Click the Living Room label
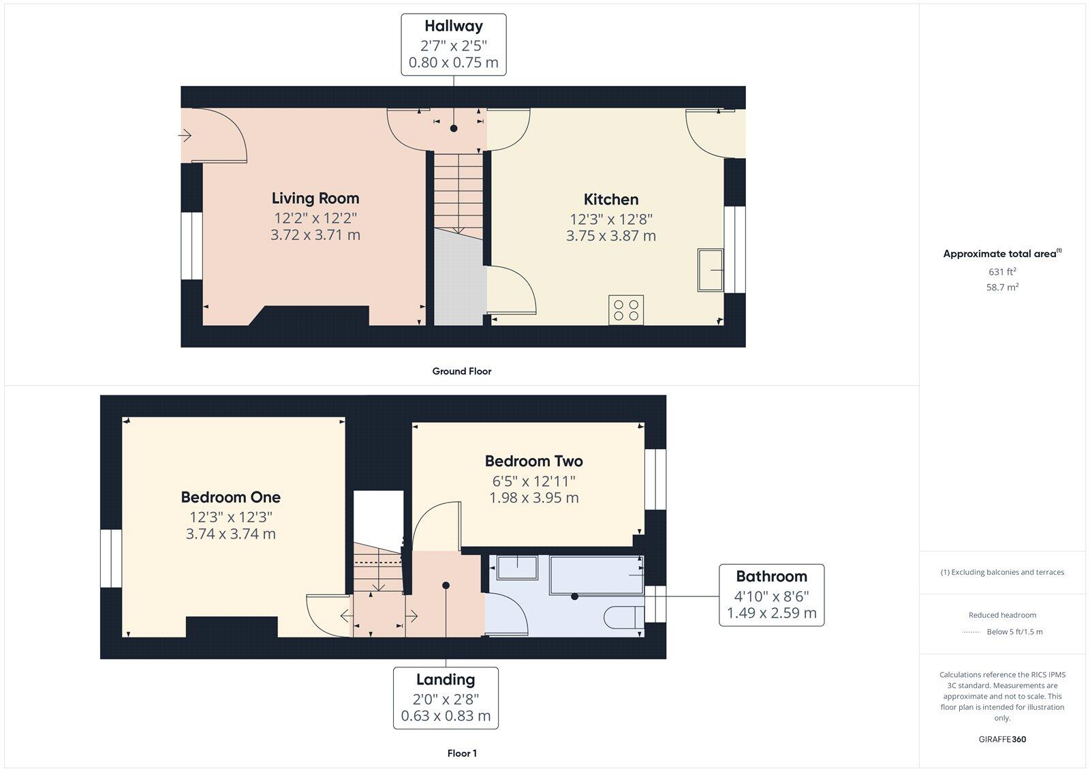[315, 198]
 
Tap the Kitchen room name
[611, 200]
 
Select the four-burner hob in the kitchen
[626, 310]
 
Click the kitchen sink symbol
[711, 270]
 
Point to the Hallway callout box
[453, 44]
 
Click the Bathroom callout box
[771, 594]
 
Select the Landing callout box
[446, 697]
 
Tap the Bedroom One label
[230, 497]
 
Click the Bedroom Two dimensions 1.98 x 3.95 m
[534, 498]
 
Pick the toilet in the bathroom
[621, 616]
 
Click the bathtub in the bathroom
[596, 575]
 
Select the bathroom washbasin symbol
[517, 567]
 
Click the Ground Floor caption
[461, 372]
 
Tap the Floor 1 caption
[461, 753]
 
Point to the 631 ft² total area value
[1002, 271]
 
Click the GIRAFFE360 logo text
[1002, 739]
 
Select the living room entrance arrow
[185, 136]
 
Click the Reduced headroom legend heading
[1002, 615]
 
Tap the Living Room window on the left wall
[191, 246]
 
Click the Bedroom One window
[111, 558]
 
